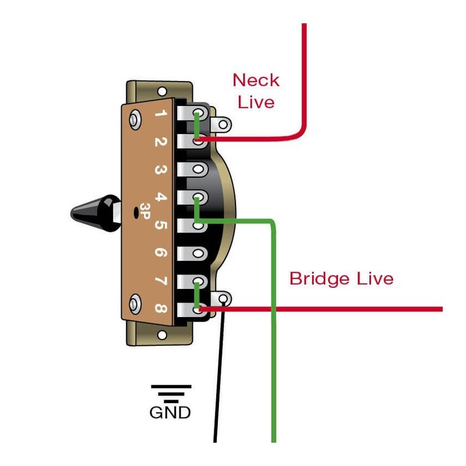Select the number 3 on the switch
(x=162, y=171)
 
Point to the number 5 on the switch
(x=162, y=226)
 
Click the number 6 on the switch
(x=162, y=253)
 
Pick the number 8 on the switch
(x=162, y=309)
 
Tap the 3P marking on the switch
(x=143, y=214)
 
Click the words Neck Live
(x=256, y=90)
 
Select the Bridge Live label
(x=341, y=278)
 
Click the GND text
(x=170, y=413)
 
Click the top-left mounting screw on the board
(x=136, y=119)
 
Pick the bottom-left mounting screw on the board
(x=136, y=302)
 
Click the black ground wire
(x=218, y=379)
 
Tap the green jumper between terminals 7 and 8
(x=197, y=294)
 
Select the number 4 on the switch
(x=162, y=198)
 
